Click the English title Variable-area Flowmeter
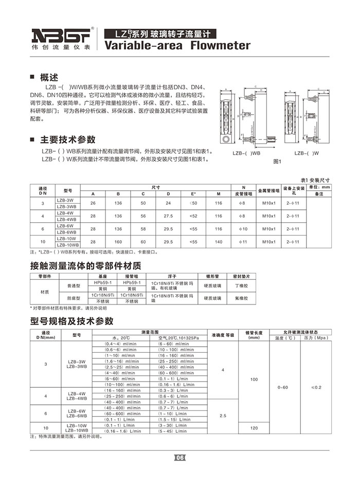177,46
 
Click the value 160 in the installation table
118,242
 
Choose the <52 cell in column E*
193,216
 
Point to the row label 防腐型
74,298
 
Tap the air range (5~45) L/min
173,431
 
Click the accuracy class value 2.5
223,415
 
